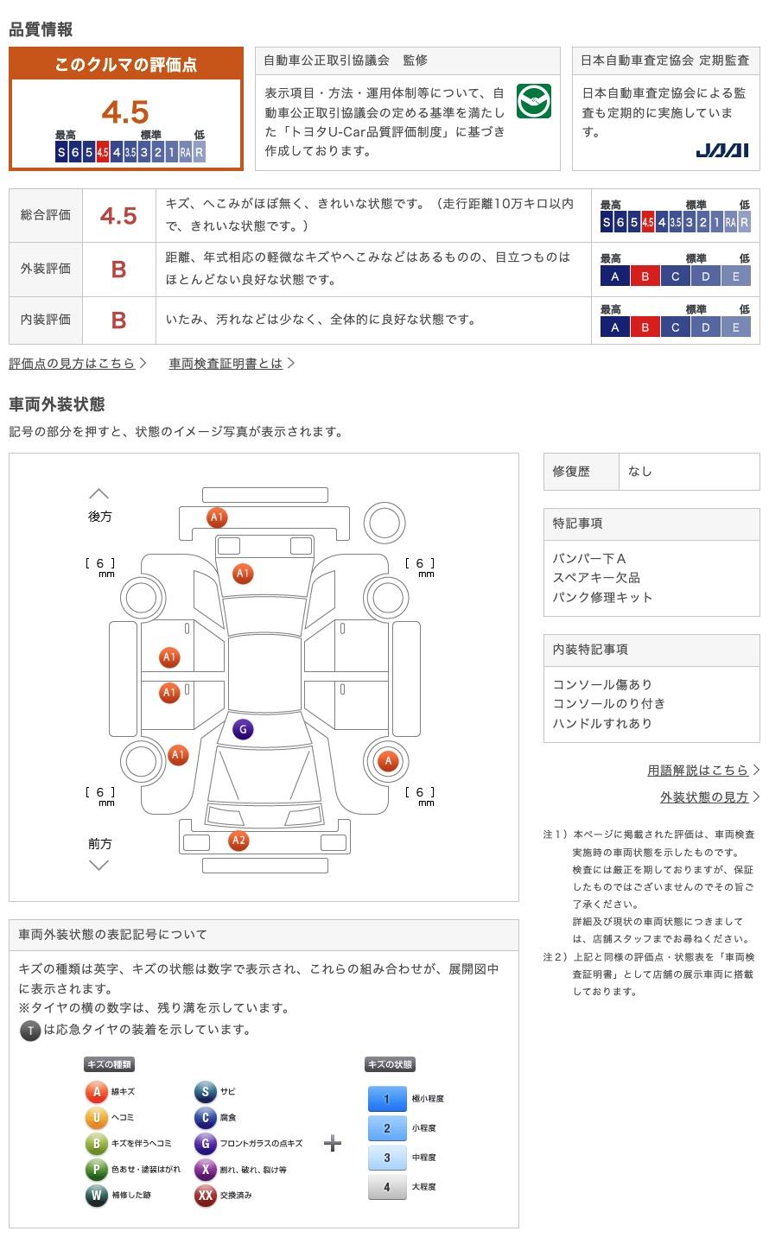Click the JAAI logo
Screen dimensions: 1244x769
[x=722, y=150]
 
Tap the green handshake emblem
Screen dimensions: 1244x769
[x=533, y=101]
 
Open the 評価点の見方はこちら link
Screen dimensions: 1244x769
[x=73, y=364]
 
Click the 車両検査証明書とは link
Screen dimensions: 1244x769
[x=226, y=364]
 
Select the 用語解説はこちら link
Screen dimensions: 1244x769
[x=698, y=770]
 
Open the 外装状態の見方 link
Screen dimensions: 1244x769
[x=704, y=797]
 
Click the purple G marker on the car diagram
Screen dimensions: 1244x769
[x=243, y=730]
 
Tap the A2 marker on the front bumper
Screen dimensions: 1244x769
[x=238, y=841]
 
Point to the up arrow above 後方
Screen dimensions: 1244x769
[x=99, y=494]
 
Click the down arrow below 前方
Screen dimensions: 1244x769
[x=99, y=865]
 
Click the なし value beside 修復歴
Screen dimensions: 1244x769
[x=640, y=472]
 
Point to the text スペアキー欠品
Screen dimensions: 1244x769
[x=596, y=578]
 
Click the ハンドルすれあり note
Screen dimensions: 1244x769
[x=602, y=723]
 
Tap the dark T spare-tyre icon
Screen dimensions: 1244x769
[x=30, y=1030]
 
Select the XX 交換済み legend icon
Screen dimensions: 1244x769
[x=205, y=1196]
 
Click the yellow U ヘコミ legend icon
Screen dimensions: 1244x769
[x=96, y=1118]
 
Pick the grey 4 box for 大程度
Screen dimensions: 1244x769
[x=386, y=1187]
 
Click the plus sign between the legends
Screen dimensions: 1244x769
[x=333, y=1144]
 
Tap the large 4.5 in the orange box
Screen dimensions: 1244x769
[x=125, y=112]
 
